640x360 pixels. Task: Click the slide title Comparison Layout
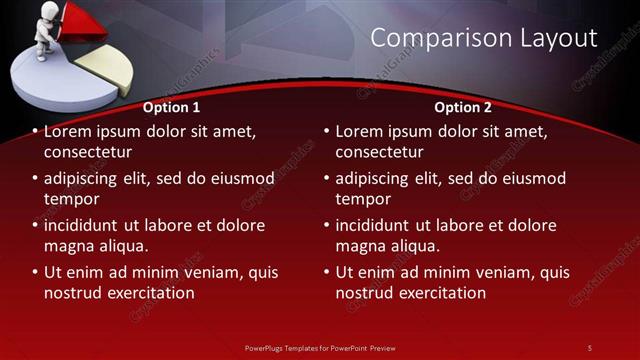484,39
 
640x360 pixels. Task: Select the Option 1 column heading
171,107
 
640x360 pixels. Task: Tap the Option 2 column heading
463,107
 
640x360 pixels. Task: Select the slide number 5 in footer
589,348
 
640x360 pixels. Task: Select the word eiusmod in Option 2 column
532,178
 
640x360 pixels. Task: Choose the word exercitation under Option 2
439,293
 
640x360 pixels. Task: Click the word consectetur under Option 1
88,152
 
